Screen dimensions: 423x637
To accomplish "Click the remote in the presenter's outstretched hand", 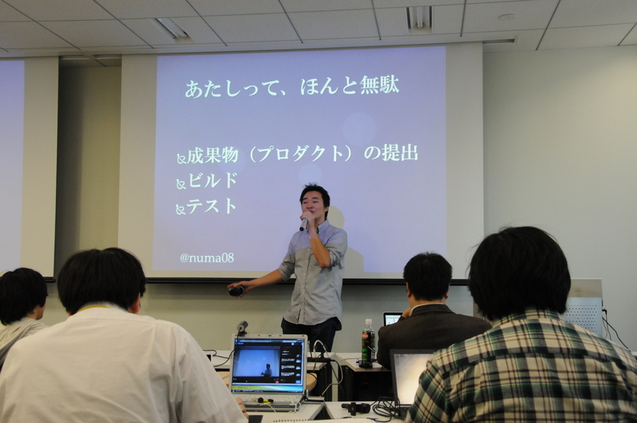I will pos(236,291).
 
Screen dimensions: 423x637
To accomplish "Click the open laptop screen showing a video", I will pos(268,363).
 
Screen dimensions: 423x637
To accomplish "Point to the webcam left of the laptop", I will pos(241,327).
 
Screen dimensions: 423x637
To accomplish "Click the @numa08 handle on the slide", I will pos(206,257).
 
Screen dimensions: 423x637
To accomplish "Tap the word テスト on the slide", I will pos(213,206).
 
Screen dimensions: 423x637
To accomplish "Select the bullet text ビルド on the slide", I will pos(213,181).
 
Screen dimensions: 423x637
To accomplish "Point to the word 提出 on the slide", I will pos(400,153).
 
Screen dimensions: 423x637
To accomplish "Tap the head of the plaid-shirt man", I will pos(519,271).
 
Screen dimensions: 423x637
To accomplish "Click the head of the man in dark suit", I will pos(428,276).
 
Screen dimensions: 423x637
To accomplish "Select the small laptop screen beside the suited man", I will pos(392,319).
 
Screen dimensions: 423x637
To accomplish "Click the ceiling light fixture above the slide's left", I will pos(173,29).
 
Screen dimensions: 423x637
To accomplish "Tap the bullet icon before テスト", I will pos(181,210).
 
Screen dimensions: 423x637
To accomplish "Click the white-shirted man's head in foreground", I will pos(102,281).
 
